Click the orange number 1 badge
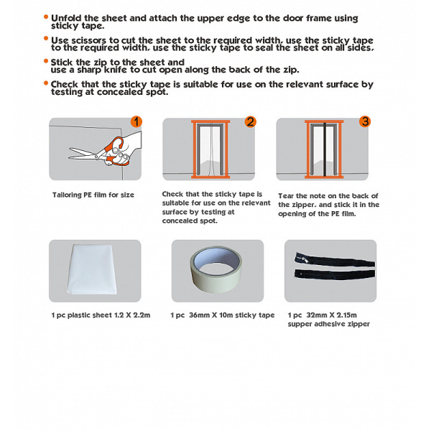(x=136, y=122)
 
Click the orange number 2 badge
(x=250, y=122)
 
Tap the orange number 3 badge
(x=365, y=121)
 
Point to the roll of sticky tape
(x=216, y=269)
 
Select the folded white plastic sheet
(x=92, y=270)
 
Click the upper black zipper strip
(x=335, y=260)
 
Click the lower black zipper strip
(x=335, y=274)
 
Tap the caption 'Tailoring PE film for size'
(x=93, y=195)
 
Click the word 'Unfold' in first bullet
(x=66, y=18)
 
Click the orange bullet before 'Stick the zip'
(x=46, y=61)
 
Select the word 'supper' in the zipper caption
(x=300, y=325)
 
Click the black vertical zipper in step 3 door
(x=325, y=149)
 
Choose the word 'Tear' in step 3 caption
(x=286, y=196)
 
